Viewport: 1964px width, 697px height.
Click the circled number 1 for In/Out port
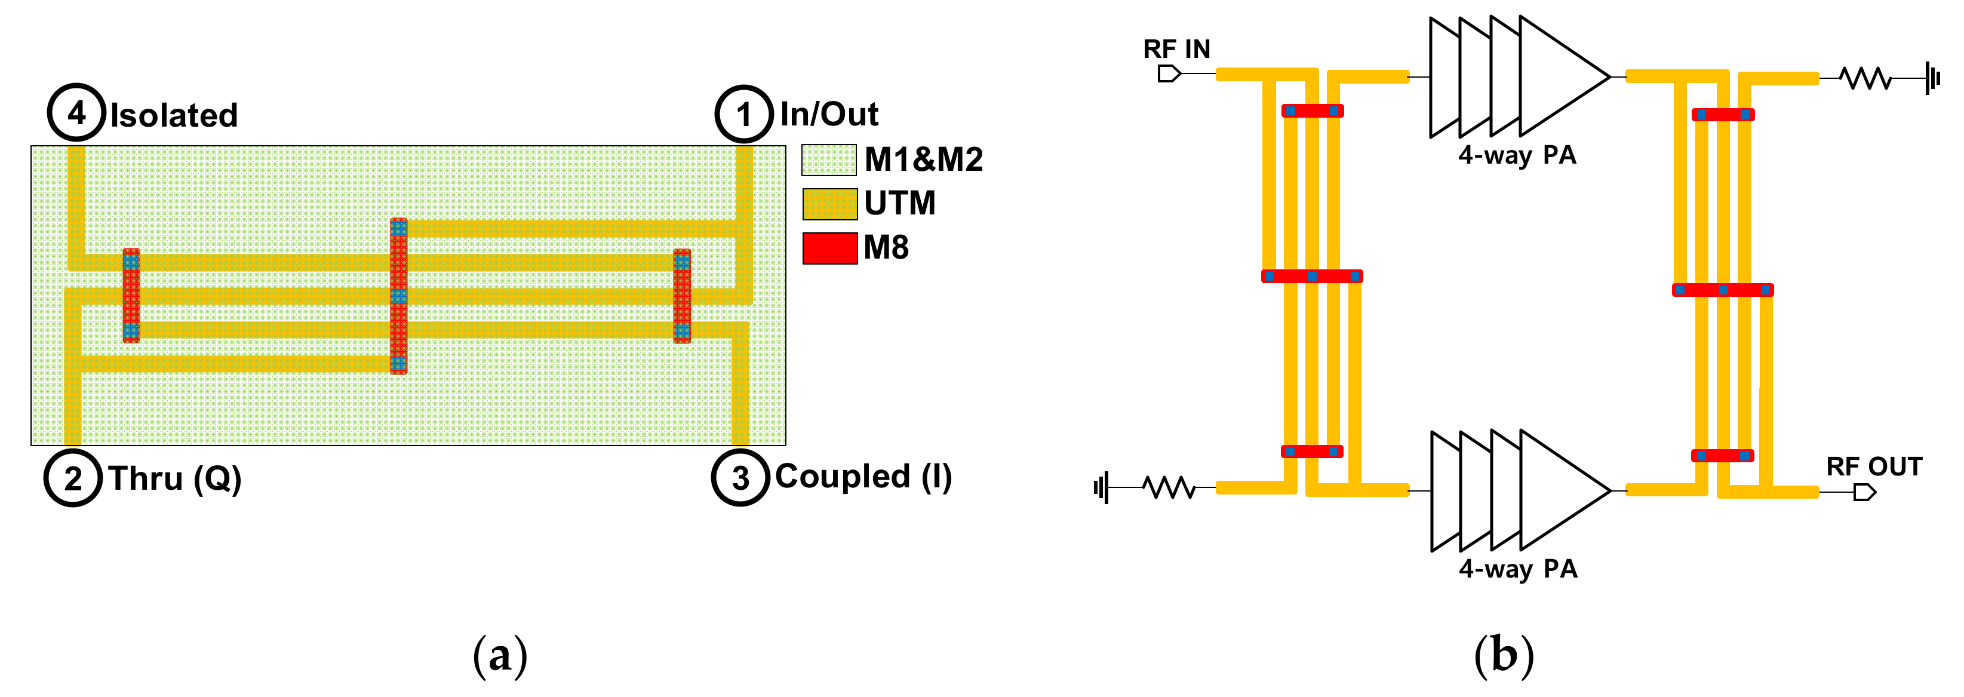[x=743, y=115]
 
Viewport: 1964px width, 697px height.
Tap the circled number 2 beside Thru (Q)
[x=72, y=478]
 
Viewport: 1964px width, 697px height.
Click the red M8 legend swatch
[x=829, y=248]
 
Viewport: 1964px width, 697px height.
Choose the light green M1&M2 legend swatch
[x=829, y=160]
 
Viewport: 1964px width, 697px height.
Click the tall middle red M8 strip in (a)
[x=399, y=296]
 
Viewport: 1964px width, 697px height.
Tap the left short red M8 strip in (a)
[x=131, y=295]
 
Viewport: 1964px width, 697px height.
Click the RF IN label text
[x=1176, y=50]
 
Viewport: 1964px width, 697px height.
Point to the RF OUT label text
[x=1874, y=466]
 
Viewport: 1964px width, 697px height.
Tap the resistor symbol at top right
[x=1865, y=78]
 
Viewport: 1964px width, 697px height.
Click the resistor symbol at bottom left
[x=1168, y=487]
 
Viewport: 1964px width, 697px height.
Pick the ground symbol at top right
[x=1933, y=78]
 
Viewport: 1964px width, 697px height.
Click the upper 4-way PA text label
[x=1517, y=155]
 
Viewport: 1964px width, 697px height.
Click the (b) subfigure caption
[x=1504, y=655]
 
